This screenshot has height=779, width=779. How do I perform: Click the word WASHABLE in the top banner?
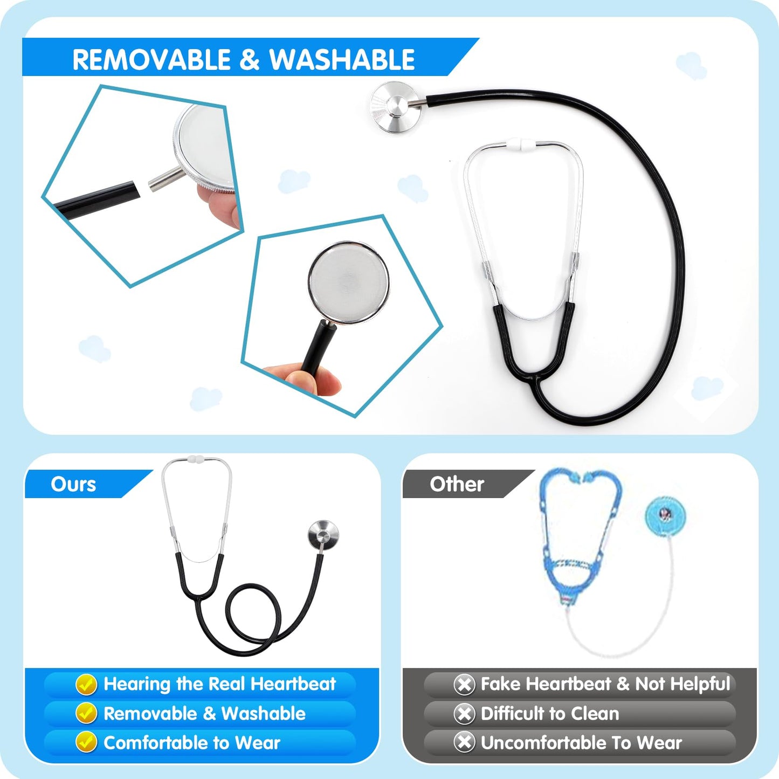click(342, 59)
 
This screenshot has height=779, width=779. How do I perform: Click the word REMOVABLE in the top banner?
click(151, 59)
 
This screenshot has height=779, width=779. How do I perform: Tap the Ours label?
click(73, 484)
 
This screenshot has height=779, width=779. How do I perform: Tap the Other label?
click(457, 484)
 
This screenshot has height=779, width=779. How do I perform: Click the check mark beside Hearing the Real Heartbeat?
click(86, 684)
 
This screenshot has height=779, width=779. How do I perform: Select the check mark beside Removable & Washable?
click(86, 713)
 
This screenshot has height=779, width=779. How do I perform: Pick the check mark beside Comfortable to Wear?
click(86, 742)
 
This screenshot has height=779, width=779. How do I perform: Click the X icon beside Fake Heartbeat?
click(464, 684)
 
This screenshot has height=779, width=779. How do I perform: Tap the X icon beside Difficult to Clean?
click(464, 713)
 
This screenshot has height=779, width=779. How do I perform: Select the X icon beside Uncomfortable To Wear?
click(464, 742)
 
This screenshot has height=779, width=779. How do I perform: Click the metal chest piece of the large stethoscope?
click(396, 107)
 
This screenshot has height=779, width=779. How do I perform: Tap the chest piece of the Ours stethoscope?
click(323, 534)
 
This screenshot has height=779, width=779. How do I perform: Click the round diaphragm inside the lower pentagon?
click(348, 282)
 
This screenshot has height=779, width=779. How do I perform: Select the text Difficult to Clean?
click(549, 713)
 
